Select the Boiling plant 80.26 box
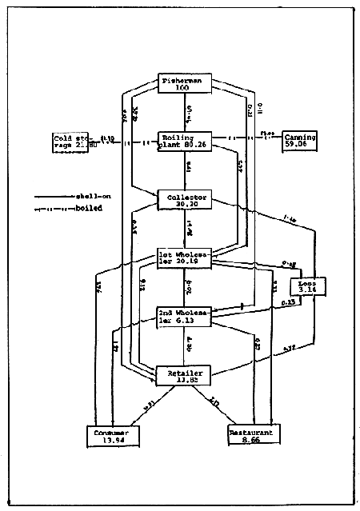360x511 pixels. coord(185,142)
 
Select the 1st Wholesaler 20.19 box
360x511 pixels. coord(185,256)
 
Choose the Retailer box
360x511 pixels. coord(185,375)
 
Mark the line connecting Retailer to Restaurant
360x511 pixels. coord(218,405)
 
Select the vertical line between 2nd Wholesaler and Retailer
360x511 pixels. coord(185,345)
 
